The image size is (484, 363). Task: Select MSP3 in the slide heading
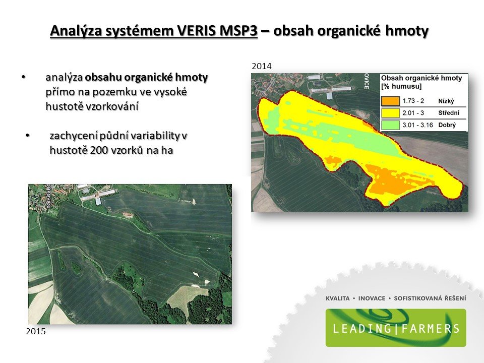click(x=238, y=31)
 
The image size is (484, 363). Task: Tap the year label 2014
click(x=262, y=66)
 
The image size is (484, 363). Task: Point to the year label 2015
click(x=36, y=331)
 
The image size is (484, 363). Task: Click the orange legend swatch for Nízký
click(x=390, y=101)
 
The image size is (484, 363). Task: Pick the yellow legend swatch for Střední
click(x=390, y=113)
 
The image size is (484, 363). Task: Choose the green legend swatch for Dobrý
click(x=390, y=125)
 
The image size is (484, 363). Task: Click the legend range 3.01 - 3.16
click(x=417, y=125)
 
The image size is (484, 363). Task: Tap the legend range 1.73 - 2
click(x=413, y=101)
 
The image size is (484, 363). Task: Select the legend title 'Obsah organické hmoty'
click(x=421, y=78)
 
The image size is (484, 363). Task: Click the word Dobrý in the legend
click(x=447, y=125)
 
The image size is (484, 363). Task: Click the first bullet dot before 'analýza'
click(x=24, y=77)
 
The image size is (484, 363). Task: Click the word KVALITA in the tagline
click(x=338, y=298)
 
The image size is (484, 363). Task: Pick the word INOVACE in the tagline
click(x=372, y=298)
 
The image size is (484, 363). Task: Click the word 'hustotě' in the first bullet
click(x=60, y=106)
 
